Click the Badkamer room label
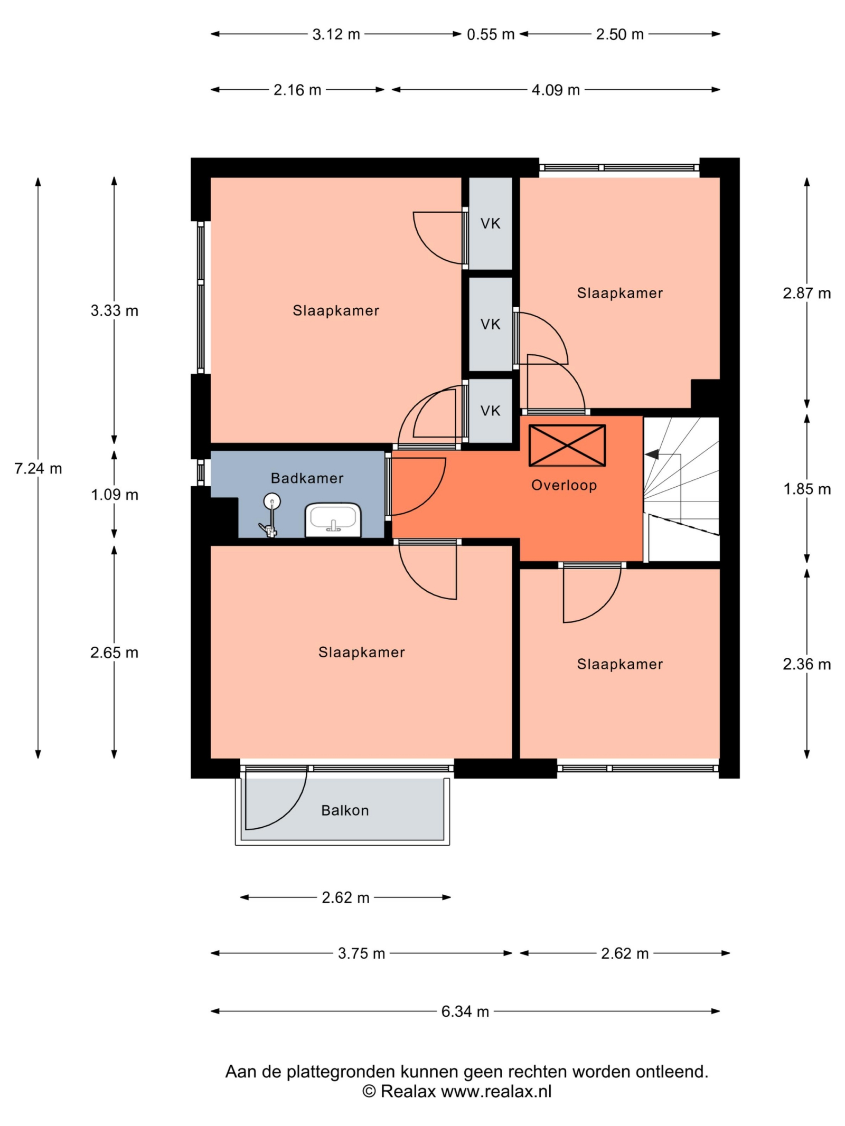tap(307, 478)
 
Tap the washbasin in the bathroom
tap(333, 519)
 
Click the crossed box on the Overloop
tap(567, 446)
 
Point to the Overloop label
tap(564, 485)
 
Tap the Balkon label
tap(345, 810)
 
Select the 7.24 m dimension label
tap(38, 468)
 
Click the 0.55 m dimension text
tap(491, 34)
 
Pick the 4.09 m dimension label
tap(556, 90)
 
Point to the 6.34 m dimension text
tap(465, 1011)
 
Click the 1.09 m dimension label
tap(115, 495)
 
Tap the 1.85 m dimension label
tap(807, 489)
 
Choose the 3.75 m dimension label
tap(362, 953)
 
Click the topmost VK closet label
tap(491, 224)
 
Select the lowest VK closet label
tap(491, 411)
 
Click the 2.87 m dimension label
tap(807, 294)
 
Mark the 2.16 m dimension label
tap(297, 90)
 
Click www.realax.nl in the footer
tap(496, 1092)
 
